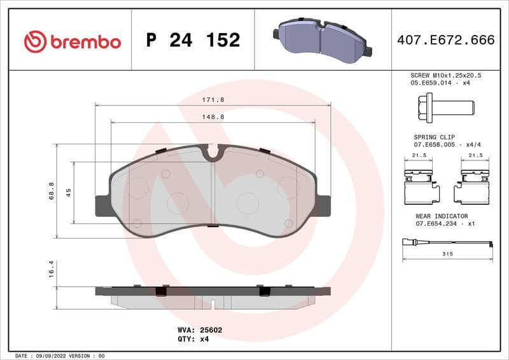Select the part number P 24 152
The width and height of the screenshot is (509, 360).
[193, 41]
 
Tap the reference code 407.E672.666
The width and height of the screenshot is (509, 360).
[445, 41]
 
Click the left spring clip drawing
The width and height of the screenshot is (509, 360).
[419, 184]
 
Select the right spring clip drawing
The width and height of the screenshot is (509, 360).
[473, 184]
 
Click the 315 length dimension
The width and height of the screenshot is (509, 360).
[447, 253]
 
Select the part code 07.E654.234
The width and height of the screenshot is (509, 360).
[437, 224]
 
